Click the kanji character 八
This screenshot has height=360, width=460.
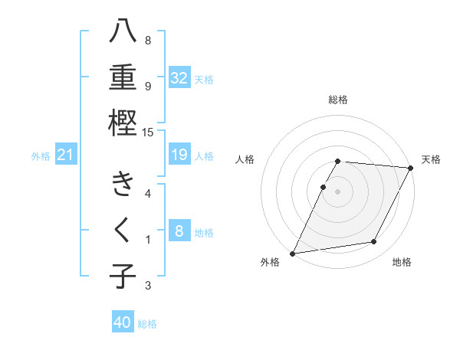click(x=123, y=33)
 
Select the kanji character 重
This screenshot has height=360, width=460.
click(x=123, y=77)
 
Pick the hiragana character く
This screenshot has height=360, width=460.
click(x=123, y=230)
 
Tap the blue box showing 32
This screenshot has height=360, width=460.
click(x=179, y=78)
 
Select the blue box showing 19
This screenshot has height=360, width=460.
click(x=179, y=155)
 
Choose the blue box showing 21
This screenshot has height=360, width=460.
click(x=66, y=155)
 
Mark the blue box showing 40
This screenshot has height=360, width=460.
click(x=123, y=322)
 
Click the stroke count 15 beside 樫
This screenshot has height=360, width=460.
click(x=149, y=133)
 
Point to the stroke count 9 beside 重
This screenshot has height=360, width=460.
click(x=148, y=86)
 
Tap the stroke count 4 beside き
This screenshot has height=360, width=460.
click(x=148, y=193)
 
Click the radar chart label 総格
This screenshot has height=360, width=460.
click(x=338, y=100)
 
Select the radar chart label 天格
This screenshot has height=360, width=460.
click(x=431, y=159)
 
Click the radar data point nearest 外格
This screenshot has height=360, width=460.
click(x=292, y=253)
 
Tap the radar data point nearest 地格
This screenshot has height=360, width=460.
click(x=374, y=242)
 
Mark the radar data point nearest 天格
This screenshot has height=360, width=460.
click(x=411, y=168)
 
